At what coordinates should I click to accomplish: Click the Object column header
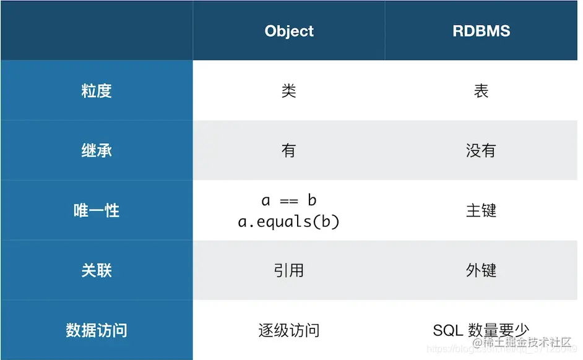point(289,31)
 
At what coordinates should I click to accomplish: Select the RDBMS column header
point(481,31)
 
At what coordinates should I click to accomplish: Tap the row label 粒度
point(97,91)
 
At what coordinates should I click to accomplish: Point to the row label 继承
point(97,150)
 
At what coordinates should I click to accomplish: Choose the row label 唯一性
point(97,210)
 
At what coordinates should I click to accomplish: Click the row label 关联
point(97,270)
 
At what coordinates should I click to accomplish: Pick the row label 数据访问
point(97,330)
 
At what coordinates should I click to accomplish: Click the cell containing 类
point(289,91)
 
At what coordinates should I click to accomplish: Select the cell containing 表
point(481,91)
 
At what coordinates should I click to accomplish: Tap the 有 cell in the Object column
point(289,150)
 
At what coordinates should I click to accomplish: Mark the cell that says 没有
point(481,150)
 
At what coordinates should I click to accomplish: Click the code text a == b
point(289,200)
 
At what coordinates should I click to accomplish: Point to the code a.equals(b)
point(289,221)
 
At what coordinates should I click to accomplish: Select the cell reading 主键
point(481,210)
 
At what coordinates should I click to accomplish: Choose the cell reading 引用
point(289,270)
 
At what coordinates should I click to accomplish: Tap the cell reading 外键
point(481,270)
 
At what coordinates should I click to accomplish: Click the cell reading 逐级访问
point(289,330)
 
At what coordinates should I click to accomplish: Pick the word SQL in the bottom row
point(447,330)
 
